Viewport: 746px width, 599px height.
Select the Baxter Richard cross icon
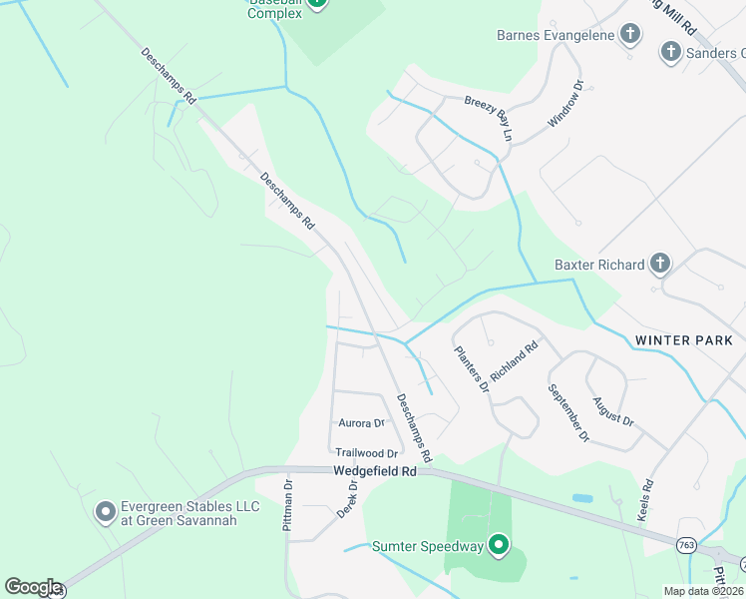click(x=659, y=265)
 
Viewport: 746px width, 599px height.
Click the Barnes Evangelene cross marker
click(x=630, y=36)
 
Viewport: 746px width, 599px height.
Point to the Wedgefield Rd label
click(x=375, y=470)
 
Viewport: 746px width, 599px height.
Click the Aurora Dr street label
click(x=361, y=423)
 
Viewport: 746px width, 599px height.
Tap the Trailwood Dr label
click(x=366, y=453)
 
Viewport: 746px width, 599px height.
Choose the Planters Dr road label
click(x=473, y=367)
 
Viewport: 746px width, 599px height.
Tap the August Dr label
click(x=613, y=410)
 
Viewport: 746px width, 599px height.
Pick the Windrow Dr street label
click(x=563, y=104)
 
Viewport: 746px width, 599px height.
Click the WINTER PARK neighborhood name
click(x=683, y=340)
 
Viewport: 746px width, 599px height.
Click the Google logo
click(x=34, y=587)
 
